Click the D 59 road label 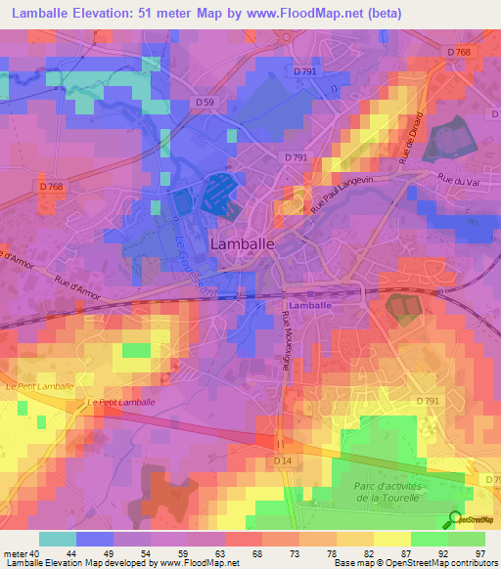204,102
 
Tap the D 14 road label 284,460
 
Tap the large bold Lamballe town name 242,242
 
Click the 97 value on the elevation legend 478,553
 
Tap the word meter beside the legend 14,553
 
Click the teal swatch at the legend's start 57,539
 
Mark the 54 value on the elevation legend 145,553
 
